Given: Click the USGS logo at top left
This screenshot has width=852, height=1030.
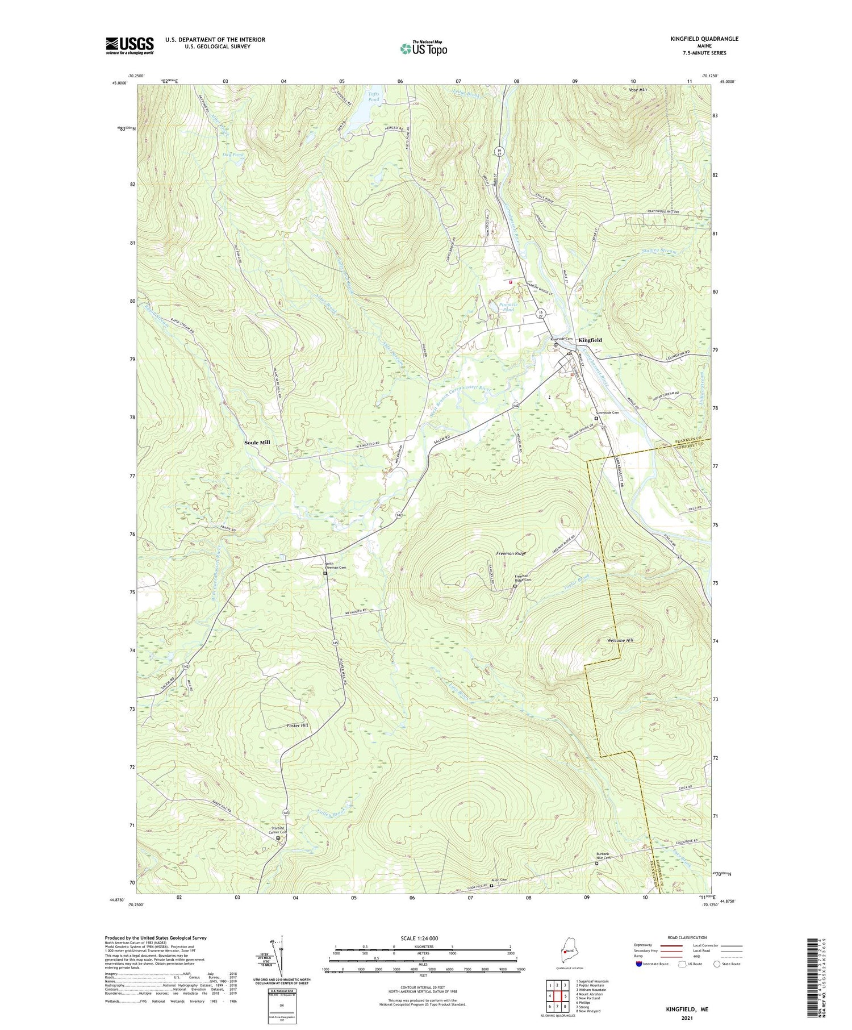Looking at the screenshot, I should (130, 45).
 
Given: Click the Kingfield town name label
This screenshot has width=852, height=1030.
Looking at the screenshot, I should (590, 340).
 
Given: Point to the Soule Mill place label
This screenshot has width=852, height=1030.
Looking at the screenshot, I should (257, 442).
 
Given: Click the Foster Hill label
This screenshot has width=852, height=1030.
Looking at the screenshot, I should (297, 726).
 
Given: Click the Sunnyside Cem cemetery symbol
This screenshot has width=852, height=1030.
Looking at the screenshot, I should (596, 418).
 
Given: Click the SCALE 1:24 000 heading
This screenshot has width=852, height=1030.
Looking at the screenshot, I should (423, 938).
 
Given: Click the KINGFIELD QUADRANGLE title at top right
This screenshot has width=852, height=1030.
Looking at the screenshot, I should (704, 39).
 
